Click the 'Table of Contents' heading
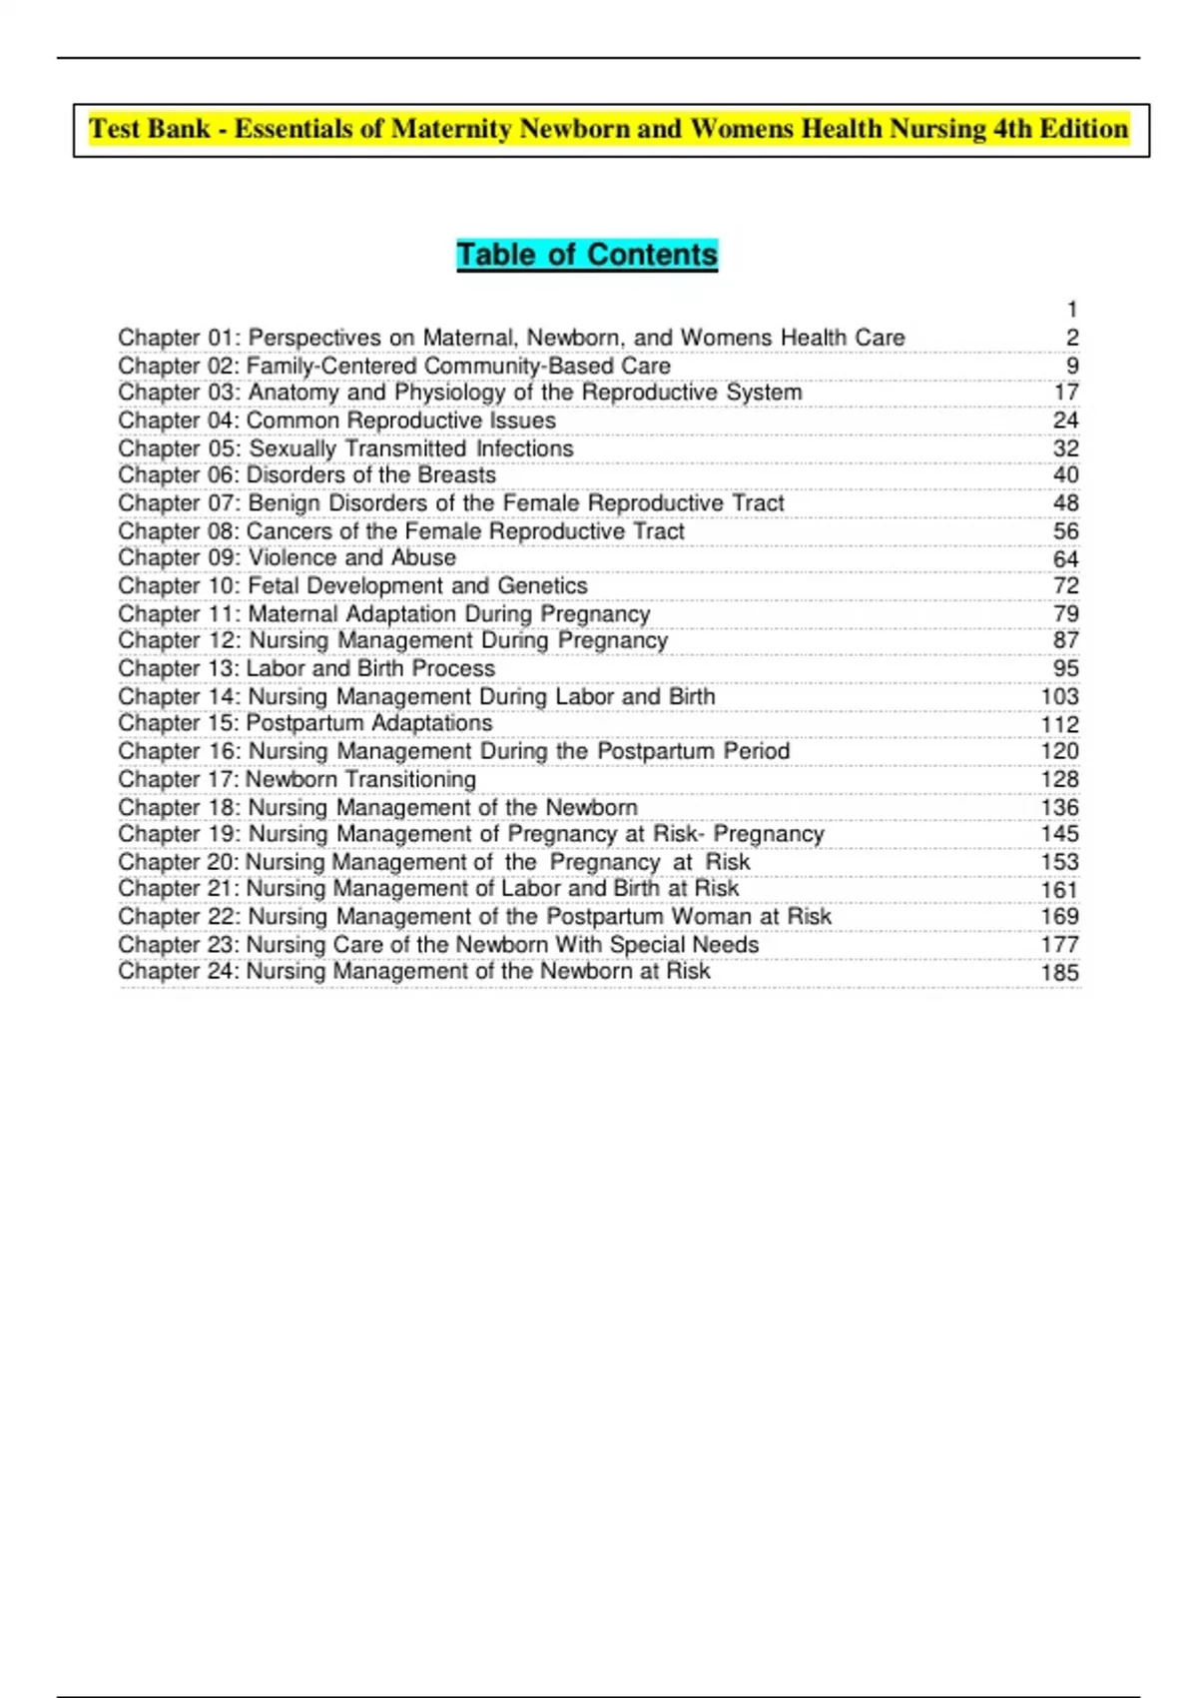pyautogui.click(x=587, y=255)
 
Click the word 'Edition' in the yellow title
pyautogui.click(x=1083, y=129)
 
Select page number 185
pyautogui.click(x=1059, y=972)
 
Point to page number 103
pyautogui.click(x=1059, y=696)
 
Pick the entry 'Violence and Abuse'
pyautogui.click(x=351, y=557)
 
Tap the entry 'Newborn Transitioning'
pyautogui.click(x=360, y=779)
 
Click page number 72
pyautogui.click(x=1065, y=585)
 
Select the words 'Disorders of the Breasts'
pyautogui.click(x=371, y=475)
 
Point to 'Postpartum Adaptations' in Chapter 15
pyautogui.click(x=369, y=723)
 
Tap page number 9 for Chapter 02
pyautogui.click(x=1072, y=366)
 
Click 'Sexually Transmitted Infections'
pyautogui.click(x=410, y=448)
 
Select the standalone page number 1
pyautogui.click(x=1072, y=310)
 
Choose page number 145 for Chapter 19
pyautogui.click(x=1059, y=834)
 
